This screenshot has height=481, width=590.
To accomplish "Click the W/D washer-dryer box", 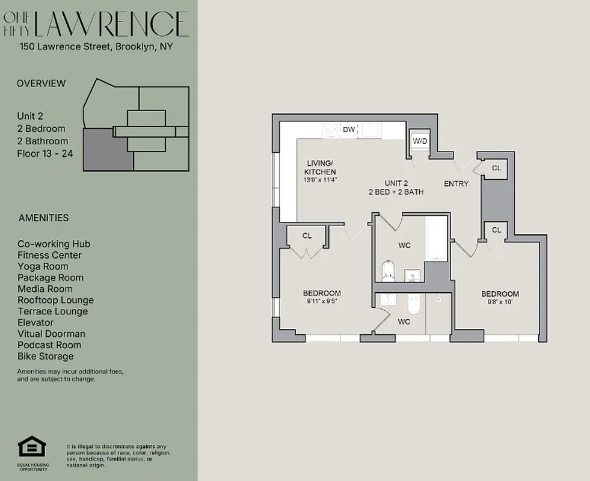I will pos(419,141).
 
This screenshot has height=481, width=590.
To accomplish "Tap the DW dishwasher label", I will pos(349,129).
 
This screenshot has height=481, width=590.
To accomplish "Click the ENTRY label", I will pos(456,183).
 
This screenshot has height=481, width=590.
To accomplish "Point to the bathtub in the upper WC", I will pos(437,239).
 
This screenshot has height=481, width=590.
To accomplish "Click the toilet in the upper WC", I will pos(388,271).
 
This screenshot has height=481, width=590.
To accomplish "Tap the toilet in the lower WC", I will pos(413,305).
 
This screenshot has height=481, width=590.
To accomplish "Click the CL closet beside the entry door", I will pos(496,168).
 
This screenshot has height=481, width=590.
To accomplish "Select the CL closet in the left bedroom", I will pos(307,236).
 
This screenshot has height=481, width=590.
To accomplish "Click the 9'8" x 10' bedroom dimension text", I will pos(500,302).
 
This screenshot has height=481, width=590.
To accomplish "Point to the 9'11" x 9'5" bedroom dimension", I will pos(322,302).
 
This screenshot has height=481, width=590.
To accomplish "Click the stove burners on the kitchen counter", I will pos(331,129).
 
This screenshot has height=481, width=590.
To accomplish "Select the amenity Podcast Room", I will pos(49,345).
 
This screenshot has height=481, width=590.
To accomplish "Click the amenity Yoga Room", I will pos(43,266).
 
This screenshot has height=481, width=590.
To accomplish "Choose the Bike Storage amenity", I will pos(46,356).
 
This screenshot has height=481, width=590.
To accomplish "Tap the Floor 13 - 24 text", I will pos(45,153).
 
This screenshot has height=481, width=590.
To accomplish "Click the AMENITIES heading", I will pos(43,218).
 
